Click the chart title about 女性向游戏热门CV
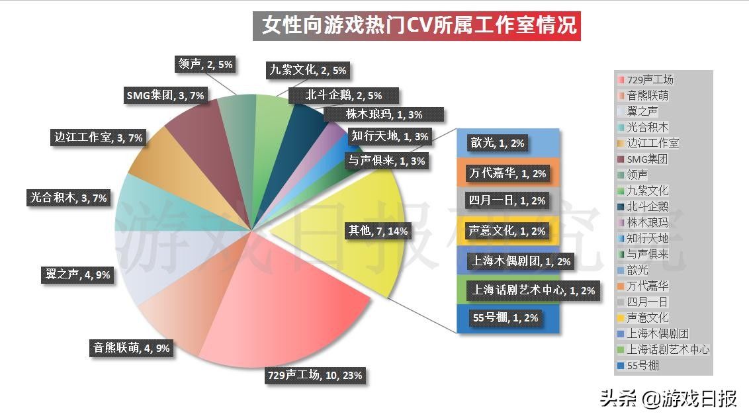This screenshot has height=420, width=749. click(417, 26)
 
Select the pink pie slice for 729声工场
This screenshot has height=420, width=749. click(298, 324)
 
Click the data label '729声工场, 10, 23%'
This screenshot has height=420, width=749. click(314, 376)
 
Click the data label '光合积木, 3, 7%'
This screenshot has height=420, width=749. click(67, 197)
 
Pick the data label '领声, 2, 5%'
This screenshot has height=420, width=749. click(205, 64)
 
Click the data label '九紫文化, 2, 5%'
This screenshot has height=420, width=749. click(308, 70)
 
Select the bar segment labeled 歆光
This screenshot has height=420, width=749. click(508, 142)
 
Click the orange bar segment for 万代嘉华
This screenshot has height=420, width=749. click(508, 173)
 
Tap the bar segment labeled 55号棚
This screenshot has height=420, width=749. click(508, 318)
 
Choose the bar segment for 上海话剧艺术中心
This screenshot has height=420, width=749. click(508, 290)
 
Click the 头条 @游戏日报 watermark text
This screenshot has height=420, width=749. click(668, 399)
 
